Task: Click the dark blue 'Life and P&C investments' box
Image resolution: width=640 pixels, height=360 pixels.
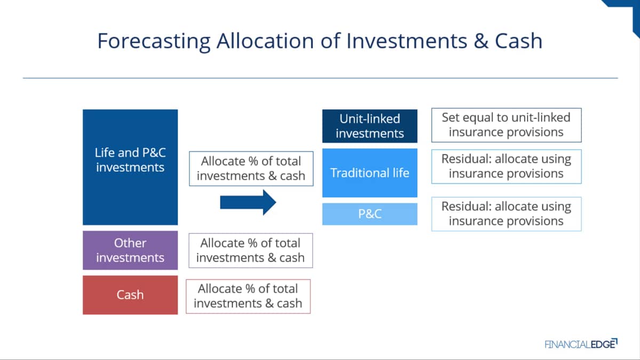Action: (130, 167)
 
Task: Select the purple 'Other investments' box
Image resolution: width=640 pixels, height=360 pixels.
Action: (130, 250)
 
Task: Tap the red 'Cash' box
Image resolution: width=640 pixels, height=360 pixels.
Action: (130, 295)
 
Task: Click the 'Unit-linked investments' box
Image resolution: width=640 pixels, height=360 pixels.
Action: (370, 126)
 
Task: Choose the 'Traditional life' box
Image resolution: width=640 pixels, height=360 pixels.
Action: (370, 173)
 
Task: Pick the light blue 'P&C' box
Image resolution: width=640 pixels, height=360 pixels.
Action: (370, 214)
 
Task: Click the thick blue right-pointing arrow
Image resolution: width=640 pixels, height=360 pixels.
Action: (248, 202)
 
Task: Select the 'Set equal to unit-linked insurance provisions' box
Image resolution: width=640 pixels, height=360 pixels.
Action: (506, 125)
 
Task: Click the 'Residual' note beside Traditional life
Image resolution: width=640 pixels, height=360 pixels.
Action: (506, 166)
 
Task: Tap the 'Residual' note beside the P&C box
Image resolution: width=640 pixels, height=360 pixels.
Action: (506, 214)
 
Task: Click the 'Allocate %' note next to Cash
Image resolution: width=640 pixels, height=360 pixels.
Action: (248, 297)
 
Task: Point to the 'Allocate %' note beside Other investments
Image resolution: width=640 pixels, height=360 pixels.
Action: (251, 251)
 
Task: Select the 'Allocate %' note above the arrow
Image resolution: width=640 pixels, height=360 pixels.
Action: (251, 169)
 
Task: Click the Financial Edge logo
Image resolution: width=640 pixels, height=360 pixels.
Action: (581, 343)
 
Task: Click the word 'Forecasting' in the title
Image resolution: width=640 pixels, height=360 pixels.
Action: (154, 42)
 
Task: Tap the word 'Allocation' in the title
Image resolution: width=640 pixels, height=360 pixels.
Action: (265, 41)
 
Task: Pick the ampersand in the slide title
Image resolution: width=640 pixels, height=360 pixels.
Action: (481, 41)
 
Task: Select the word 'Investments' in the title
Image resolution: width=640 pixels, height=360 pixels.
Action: (407, 41)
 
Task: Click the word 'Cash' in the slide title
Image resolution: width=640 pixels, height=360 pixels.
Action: (518, 41)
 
